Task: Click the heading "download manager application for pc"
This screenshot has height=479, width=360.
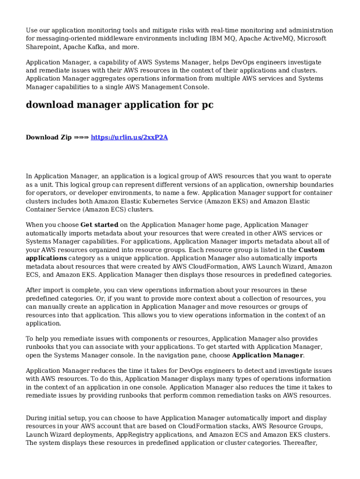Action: click(119, 105)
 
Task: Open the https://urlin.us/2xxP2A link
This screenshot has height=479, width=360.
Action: click(129, 137)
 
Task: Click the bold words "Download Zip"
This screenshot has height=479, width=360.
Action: click(49, 137)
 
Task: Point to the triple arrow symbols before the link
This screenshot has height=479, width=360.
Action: click(81, 137)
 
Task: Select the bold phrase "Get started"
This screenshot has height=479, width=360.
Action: click(99, 225)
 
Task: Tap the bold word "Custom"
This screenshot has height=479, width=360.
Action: click(311, 250)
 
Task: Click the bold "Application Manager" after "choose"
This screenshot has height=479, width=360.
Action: click(267, 356)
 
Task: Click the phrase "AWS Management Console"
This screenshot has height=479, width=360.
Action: click(168, 87)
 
